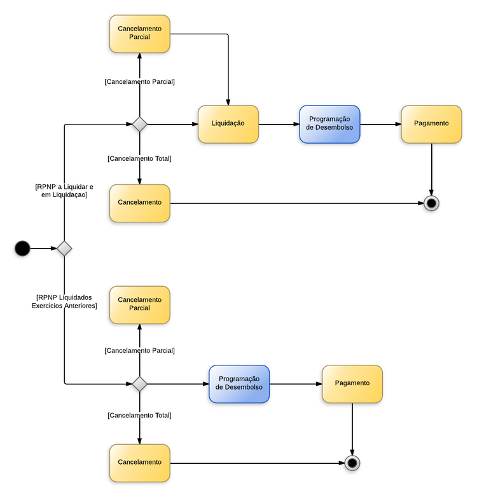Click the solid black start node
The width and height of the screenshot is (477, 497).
click(x=22, y=248)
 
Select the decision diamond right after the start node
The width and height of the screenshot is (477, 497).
click(x=64, y=248)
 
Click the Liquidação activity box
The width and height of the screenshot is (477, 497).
click(x=228, y=124)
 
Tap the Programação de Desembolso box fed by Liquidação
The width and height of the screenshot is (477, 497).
click(x=329, y=124)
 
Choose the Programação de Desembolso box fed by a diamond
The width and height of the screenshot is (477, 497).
click(x=239, y=384)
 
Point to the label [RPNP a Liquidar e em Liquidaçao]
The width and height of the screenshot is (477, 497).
click(x=64, y=191)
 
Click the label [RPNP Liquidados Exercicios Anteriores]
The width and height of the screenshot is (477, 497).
click(x=64, y=301)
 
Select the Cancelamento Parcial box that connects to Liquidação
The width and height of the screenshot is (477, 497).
click(x=139, y=34)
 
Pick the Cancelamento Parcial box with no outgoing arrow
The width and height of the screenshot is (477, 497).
click(x=139, y=304)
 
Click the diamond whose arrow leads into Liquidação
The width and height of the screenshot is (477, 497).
click(x=139, y=124)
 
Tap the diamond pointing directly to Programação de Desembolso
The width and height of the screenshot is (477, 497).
click(x=139, y=384)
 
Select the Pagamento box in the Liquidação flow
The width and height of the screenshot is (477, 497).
click(x=431, y=124)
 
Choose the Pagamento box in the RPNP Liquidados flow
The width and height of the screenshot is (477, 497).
click(x=352, y=384)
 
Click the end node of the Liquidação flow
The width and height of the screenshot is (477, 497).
click(x=432, y=203)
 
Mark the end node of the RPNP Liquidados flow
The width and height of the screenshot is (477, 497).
click(x=352, y=463)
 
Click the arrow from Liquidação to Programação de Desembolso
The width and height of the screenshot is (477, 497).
click(x=279, y=124)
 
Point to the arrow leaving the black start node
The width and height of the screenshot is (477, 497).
click(x=43, y=248)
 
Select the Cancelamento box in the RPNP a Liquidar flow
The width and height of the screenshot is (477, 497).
click(x=139, y=203)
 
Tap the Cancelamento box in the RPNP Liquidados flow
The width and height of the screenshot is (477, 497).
click(x=139, y=463)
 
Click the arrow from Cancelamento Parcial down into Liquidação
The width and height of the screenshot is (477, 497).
click(x=228, y=70)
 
